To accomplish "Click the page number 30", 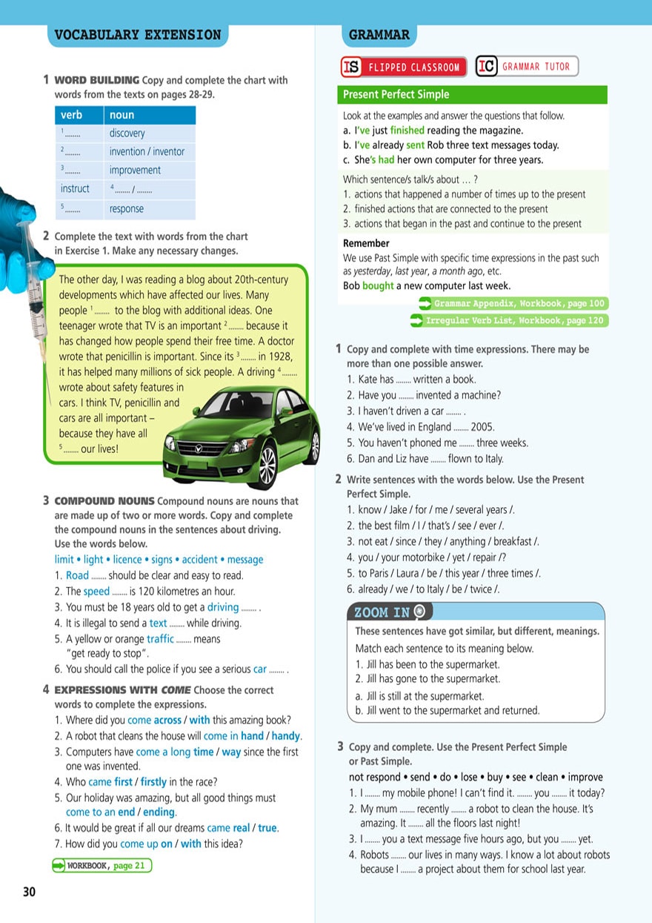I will click(29, 892).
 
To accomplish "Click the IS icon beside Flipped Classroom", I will click(351, 67).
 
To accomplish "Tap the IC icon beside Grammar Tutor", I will click(486, 67).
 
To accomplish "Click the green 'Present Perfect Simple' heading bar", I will click(472, 95).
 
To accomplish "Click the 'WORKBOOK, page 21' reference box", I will click(102, 865).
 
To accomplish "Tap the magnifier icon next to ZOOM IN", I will click(421, 612).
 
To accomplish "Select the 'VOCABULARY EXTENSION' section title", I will click(138, 35).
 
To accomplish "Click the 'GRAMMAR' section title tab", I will click(379, 35).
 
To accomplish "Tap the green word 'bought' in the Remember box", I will click(378, 286).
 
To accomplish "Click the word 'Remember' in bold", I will click(366, 243).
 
